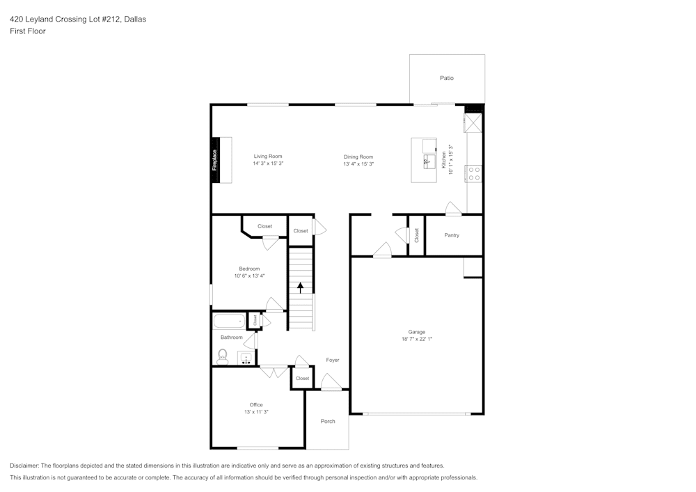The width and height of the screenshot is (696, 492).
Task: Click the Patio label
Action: (x=446, y=78)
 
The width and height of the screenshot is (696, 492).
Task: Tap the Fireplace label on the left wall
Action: (x=215, y=160)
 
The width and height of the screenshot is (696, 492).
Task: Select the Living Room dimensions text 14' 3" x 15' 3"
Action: (x=268, y=164)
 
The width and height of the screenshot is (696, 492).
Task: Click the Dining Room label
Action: (x=358, y=157)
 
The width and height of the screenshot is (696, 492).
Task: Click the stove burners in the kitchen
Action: (x=475, y=173)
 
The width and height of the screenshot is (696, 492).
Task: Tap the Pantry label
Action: (x=452, y=235)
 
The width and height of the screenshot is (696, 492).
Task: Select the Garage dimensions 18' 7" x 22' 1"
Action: (x=416, y=339)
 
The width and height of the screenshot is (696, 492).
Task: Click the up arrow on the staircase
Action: (x=300, y=287)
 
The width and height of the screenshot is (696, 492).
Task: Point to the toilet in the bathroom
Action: (x=223, y=357)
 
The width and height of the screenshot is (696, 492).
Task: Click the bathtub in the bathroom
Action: (x=229, y=321)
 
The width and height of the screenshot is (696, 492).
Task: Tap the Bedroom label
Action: (x=249, y=269)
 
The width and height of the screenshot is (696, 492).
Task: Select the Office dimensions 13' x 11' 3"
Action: (x=256, y=412)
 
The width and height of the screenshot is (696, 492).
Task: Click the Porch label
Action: (x=328, y=421)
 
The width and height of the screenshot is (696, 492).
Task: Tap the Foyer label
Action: (x=333, y=360)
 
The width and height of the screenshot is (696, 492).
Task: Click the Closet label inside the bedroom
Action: (x=264, y=226)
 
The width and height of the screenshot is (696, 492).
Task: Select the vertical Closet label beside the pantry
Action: (x=416, y=235)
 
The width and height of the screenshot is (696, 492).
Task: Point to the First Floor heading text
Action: (x=28, y=31)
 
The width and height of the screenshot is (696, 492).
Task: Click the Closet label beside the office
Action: (x=302, y=378)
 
